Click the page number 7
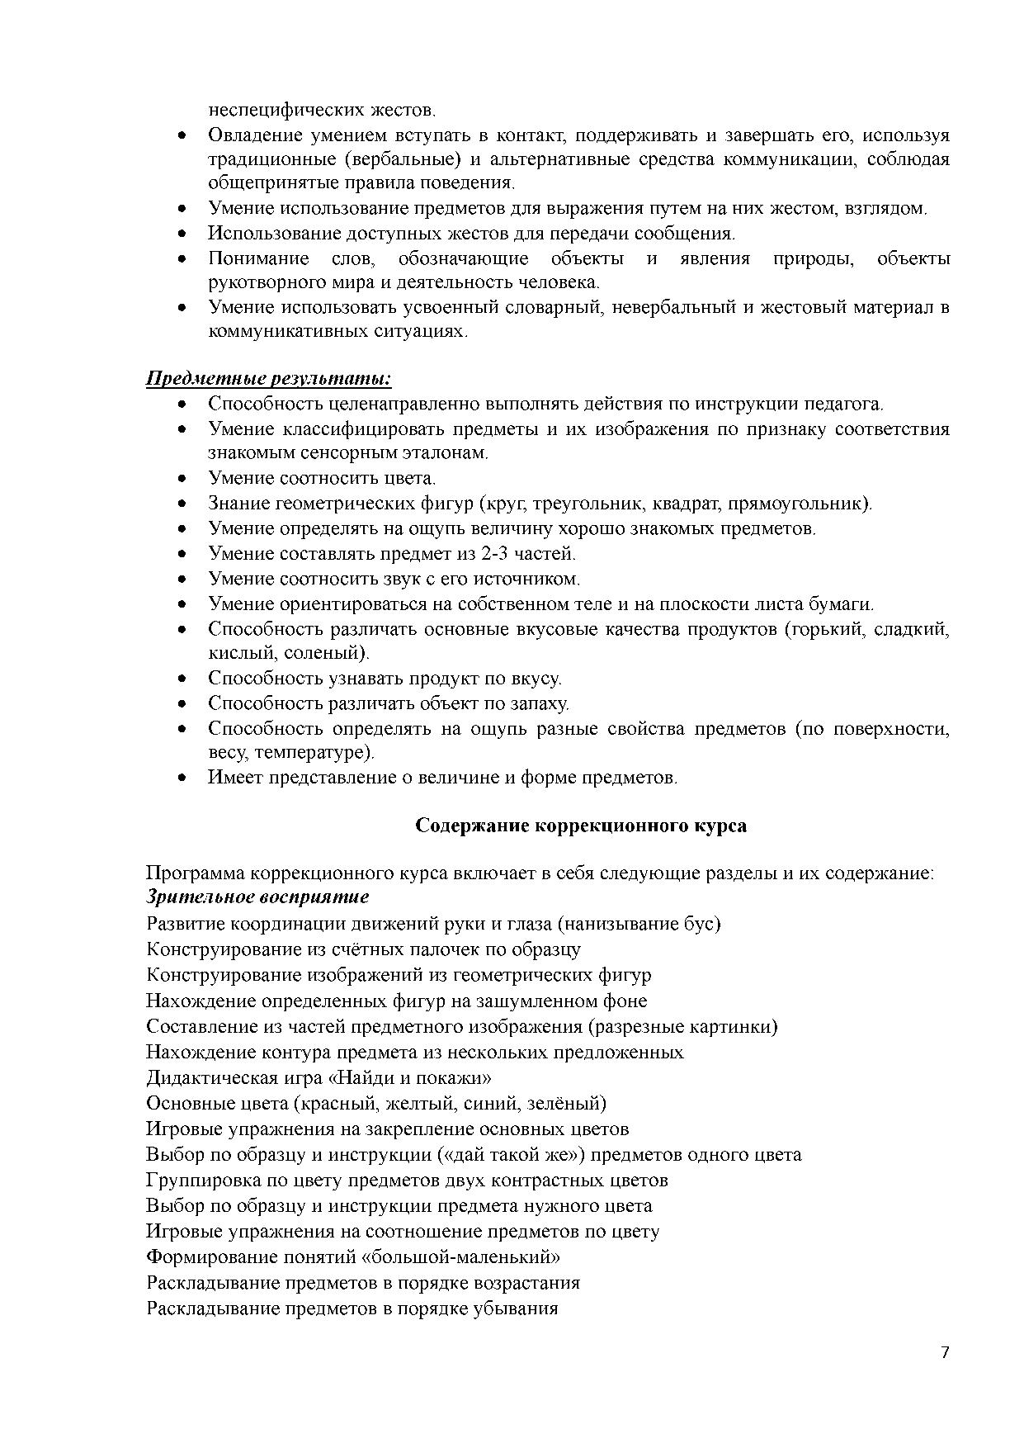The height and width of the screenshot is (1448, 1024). point(945,1352)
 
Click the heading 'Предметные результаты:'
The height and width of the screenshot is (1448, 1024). point(268,379)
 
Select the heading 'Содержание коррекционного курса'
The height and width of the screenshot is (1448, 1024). point(581,826)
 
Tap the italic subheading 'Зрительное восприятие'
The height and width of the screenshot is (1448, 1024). point(257,897)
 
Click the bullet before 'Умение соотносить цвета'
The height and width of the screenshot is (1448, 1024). point(183,479)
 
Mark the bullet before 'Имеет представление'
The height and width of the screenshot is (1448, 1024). point(183,778)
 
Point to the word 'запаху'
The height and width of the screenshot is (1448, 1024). point(540,704)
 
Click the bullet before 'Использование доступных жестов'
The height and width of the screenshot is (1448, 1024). point(183,234)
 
